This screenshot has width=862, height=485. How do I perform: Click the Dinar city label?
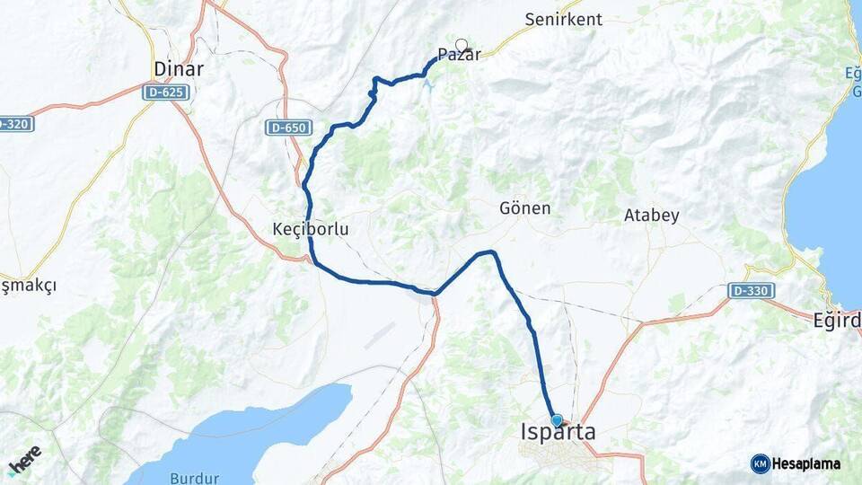click(x=179, y=69)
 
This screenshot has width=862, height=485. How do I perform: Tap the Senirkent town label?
click(x=565, y=19)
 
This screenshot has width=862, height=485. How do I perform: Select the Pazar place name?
click(x=459, y=55)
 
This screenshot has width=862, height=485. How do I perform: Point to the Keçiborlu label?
click(x=310, y=230)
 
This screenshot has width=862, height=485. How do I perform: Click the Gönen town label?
click(x=524, y=208)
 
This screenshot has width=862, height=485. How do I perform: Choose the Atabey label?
click(x=651, y=216)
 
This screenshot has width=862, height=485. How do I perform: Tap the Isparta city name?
click(x=558, y=433)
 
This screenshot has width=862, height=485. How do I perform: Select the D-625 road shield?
click(x=164, y=92)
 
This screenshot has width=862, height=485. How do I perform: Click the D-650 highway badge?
click(x=288, y=128)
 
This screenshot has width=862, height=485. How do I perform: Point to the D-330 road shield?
click(x=751, y=291)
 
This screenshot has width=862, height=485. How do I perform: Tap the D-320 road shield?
click(x=15, y=124)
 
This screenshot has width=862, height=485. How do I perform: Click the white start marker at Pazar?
click(x=462, y=45)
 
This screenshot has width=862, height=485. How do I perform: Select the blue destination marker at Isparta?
click(x=557, y=420)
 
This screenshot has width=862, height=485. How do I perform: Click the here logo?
click(x=24, y=461)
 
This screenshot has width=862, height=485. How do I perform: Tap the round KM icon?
click(x=761, y=463)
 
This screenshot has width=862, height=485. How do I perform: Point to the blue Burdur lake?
click(x=260, y=431)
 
